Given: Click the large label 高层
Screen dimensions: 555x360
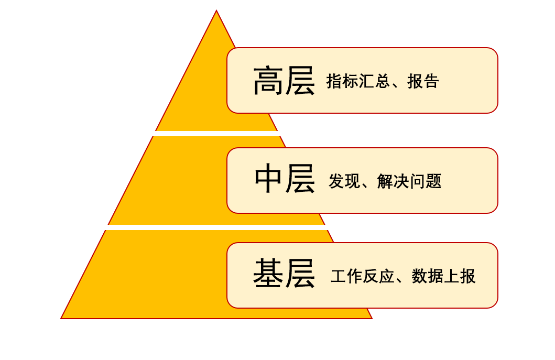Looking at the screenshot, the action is (x=284, y=81).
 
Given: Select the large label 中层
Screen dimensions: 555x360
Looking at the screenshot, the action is (x=285, y=179).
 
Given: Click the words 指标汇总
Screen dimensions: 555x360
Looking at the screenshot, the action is (x=358, y=81).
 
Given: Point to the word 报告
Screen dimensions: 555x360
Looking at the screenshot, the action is (x=423, y=81).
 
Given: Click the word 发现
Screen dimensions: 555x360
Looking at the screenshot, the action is (x=344, y=181).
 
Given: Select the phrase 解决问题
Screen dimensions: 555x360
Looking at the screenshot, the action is (x=409, y=181).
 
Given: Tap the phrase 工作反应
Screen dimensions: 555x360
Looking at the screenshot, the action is (x=362, y=276).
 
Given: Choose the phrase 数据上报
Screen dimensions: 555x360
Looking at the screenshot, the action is (x=443, y=276).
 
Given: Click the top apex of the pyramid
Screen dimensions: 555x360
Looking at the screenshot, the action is (x=216, y=12).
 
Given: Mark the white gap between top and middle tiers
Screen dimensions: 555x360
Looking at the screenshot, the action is (x=216, y=134).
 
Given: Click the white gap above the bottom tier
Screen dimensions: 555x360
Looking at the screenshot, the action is (x=216, y=227).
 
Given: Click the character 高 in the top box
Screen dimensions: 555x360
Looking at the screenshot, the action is (x=268, y=81).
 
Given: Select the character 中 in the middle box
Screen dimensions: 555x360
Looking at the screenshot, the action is (x=269, y=179).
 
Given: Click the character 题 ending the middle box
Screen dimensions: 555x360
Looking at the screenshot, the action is (x=434, y=181).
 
